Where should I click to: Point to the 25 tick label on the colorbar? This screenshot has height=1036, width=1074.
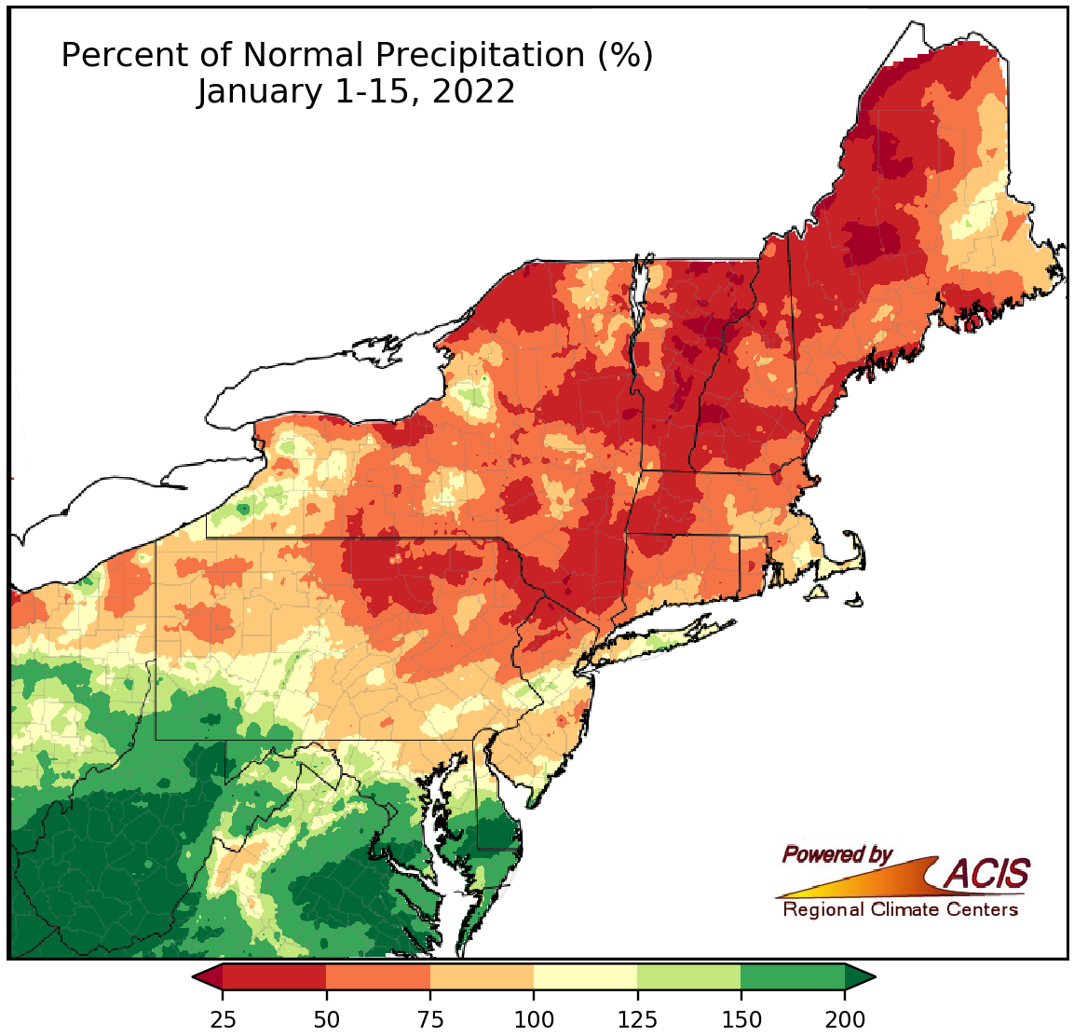click(x=223, y=1018)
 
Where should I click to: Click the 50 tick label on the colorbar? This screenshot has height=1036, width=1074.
click(x=326, y=1018)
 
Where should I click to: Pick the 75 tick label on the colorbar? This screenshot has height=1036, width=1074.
click(x=429, y=1018)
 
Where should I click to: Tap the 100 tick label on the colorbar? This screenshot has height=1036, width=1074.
click(x=534, y=1018)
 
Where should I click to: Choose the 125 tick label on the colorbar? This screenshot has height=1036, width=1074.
click(x=637, y=1018)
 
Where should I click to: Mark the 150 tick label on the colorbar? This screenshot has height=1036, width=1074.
click(x=741, y=1018)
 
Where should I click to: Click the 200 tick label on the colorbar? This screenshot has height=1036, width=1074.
click(x=845, y=1018)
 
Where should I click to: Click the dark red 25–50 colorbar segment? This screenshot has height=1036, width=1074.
click(x=275, y=976)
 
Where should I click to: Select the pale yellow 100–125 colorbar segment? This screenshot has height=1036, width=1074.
click(x=585, y=976)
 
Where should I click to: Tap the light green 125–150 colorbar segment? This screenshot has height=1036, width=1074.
click(x=689, y=976)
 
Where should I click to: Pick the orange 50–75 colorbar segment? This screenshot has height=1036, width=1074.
click(x=378, y=976)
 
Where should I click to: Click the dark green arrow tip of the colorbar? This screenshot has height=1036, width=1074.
click(x=860, y=976)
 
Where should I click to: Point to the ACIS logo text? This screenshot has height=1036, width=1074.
click(x=987, y=874)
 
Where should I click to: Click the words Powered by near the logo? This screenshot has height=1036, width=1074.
click(x=836, y=854)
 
